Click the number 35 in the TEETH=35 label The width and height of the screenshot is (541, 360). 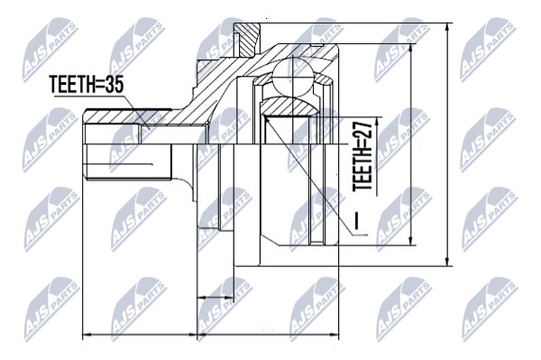coord(114,84)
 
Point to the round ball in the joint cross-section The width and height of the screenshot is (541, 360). coord(292,78)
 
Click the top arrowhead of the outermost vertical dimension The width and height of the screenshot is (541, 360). coord(447,28)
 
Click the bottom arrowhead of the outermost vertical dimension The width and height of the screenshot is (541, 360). coord(447,262)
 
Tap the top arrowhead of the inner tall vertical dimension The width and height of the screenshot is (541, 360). coord(410,49)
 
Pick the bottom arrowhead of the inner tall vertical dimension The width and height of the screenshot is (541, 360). coord(410,241)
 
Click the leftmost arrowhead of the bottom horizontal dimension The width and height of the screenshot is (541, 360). coord(87,335)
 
